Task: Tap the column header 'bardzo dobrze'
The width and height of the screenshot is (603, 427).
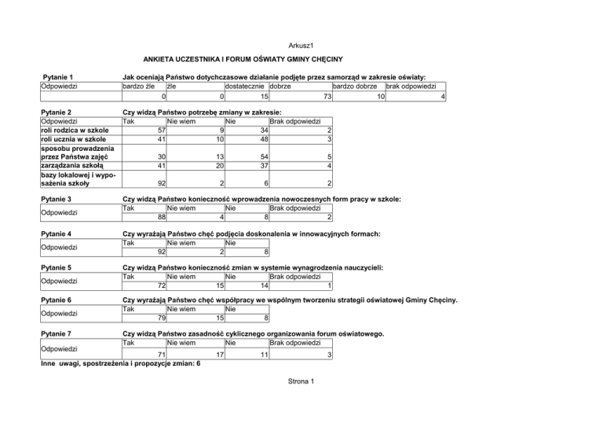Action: click(x=356, y=87)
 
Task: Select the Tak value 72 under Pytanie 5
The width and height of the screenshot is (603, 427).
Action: click(x=160, y=285)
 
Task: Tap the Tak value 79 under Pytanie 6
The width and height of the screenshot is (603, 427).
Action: click(x=160, y=318)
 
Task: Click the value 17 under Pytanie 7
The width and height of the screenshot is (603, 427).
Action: click(x=221, y=355)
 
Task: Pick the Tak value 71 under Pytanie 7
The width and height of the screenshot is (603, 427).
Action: click(x=160, y=355)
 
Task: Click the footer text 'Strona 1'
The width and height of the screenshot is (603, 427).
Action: click(x=301, y=382)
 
